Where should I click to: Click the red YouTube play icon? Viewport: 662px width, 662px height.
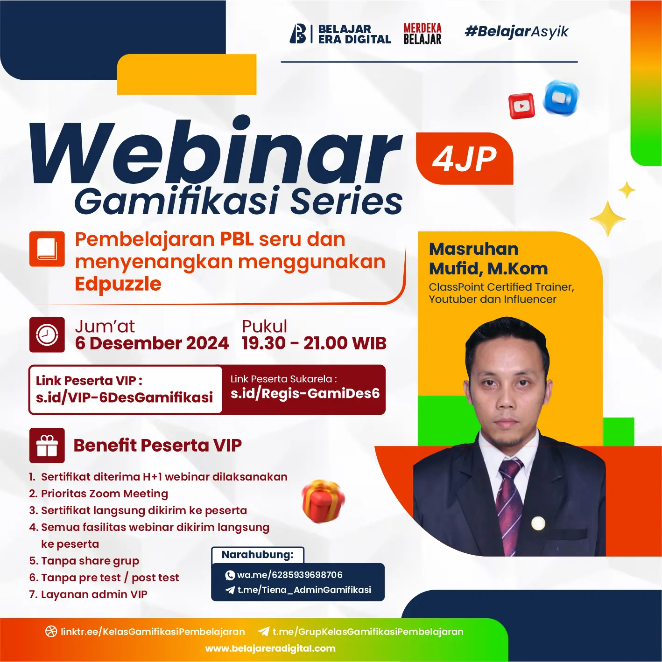[521, 106]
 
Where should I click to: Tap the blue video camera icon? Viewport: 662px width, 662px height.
[561, 98]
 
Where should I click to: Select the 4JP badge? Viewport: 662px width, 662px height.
[465, 159]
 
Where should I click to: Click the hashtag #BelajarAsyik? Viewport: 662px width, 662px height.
[516, 32]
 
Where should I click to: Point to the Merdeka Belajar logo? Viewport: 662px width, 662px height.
[423, 34]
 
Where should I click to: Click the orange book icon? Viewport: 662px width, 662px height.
[47, 249]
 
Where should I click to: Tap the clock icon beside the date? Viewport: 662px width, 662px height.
[47, 334]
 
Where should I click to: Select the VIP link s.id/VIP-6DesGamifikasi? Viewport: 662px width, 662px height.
[124, 397]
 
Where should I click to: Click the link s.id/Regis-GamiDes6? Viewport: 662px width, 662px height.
[305, 393]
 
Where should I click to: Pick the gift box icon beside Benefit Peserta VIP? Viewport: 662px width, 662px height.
[47, 445]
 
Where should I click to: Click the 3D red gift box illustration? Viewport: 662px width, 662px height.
[323, 501]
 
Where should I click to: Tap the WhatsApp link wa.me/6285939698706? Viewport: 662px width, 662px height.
[289, 575]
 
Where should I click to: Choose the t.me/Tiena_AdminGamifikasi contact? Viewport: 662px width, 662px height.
[304, 590]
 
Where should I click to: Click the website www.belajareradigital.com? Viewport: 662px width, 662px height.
[270, 648]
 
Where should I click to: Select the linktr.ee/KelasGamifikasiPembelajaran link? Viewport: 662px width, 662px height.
[153, 632]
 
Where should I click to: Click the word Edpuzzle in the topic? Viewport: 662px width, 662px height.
[118, 284]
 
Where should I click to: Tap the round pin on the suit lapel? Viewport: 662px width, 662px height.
[538, 523]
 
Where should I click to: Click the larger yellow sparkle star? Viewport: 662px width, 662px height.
[607, 218]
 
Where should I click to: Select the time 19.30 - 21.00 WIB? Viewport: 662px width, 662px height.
[314, 343]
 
